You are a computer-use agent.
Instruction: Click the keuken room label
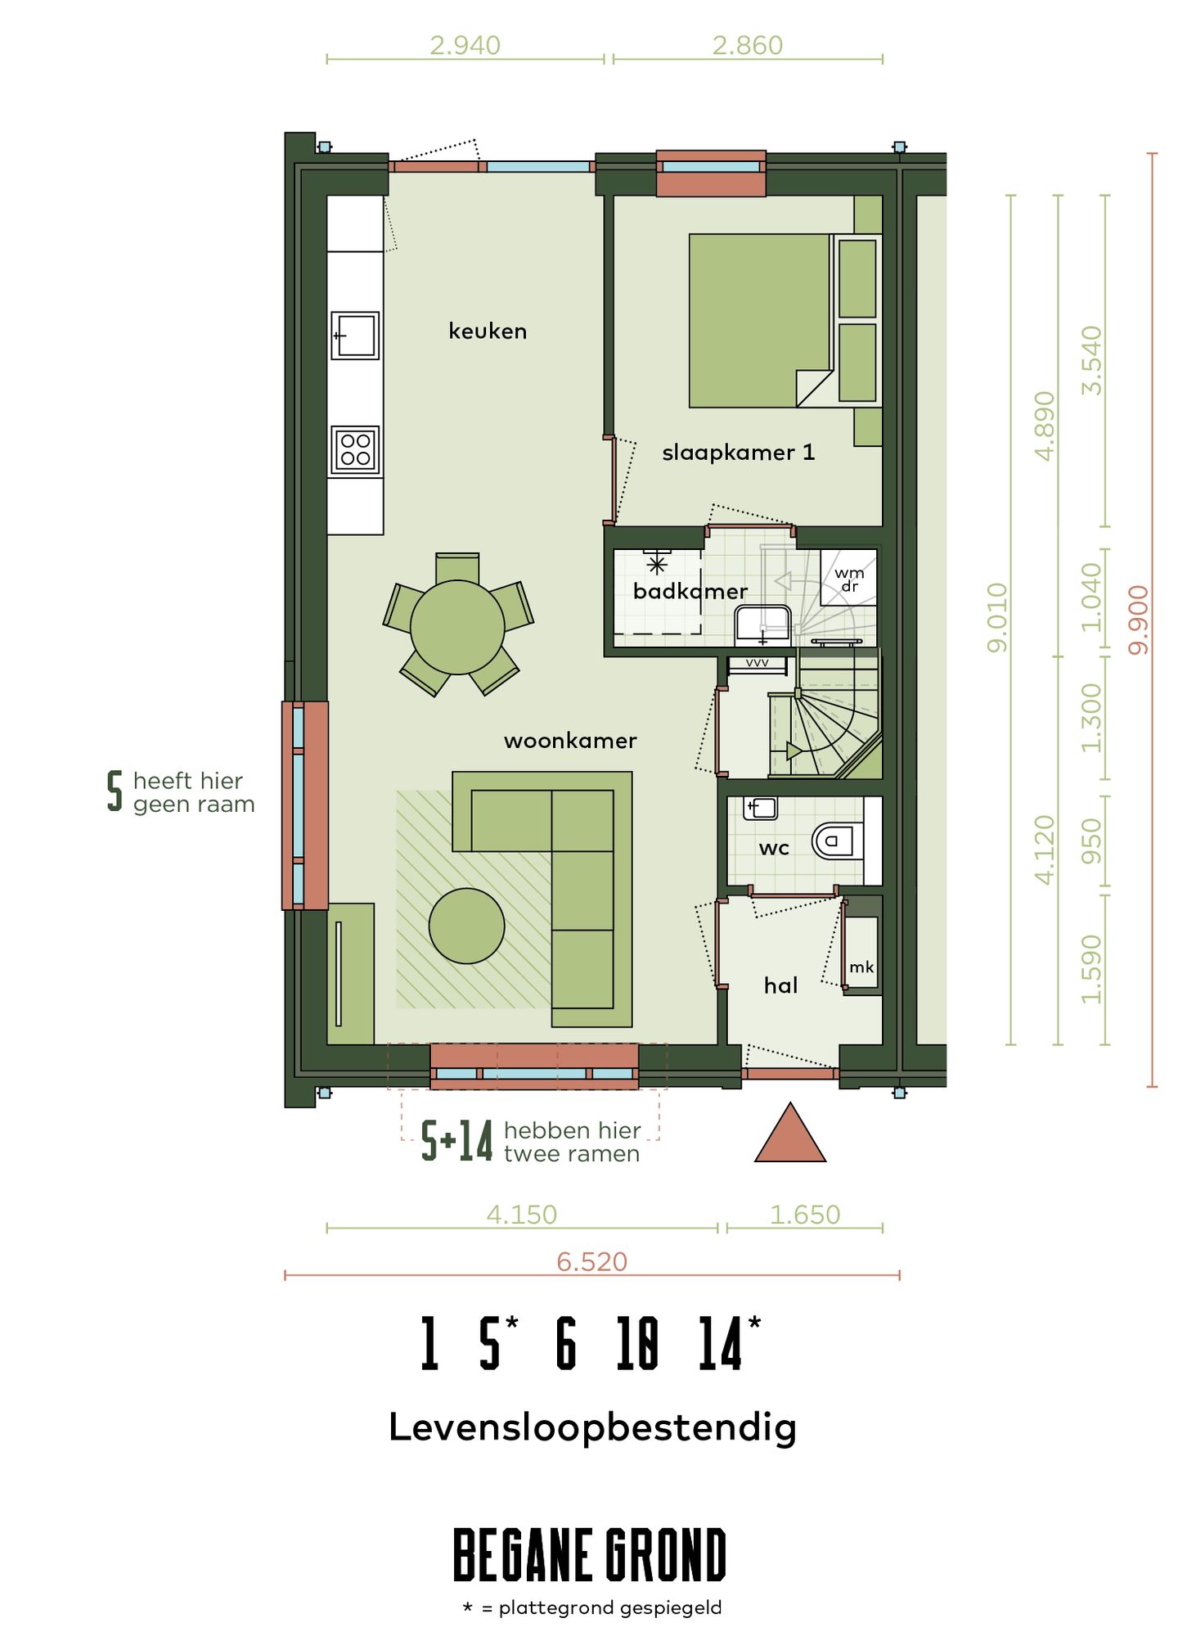[x=488, y=331]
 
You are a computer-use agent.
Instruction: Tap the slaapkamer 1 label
[x=738, y=453]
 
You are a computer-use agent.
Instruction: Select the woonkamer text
[x=570, y=741]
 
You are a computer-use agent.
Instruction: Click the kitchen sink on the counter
[x=355, y=336]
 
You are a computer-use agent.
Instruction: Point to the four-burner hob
[x=355, y=450]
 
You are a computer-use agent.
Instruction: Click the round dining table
[x=457, y=628]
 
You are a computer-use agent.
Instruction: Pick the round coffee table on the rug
[x=466, y=926]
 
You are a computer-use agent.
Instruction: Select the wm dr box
[x=849, y=578]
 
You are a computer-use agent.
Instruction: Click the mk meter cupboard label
[x=861, y=967]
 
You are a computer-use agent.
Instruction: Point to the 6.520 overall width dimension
[x=591, y=1261]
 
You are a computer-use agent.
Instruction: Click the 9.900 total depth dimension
[x=1139, y=620]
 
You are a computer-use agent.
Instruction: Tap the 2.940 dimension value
[x=465, y=45]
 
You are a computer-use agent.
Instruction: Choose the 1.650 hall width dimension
[x=805, y=1215]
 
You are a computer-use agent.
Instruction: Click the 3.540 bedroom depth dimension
[x=1092, y=360]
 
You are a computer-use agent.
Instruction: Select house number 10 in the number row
[x=637, y=1343]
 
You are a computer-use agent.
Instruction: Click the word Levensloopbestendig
[x=592, y=1428]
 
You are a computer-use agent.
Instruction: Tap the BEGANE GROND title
[x=590, y=1554]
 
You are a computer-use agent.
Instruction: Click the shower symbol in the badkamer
[x=657, y=565]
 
